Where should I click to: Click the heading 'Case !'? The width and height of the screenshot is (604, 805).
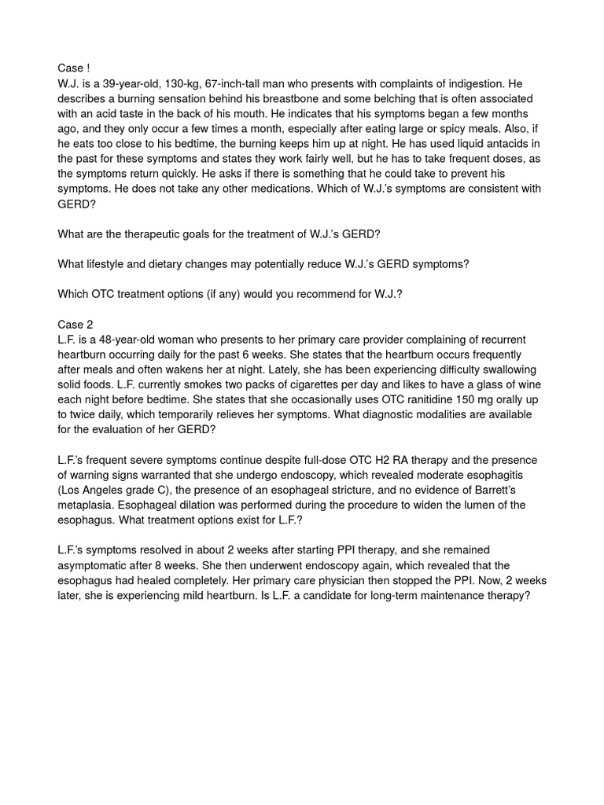click(x=74, y=69)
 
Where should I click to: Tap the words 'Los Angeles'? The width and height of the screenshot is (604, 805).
click(x=93, y=489)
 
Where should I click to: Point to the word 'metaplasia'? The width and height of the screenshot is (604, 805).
click(x=86, y=504)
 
